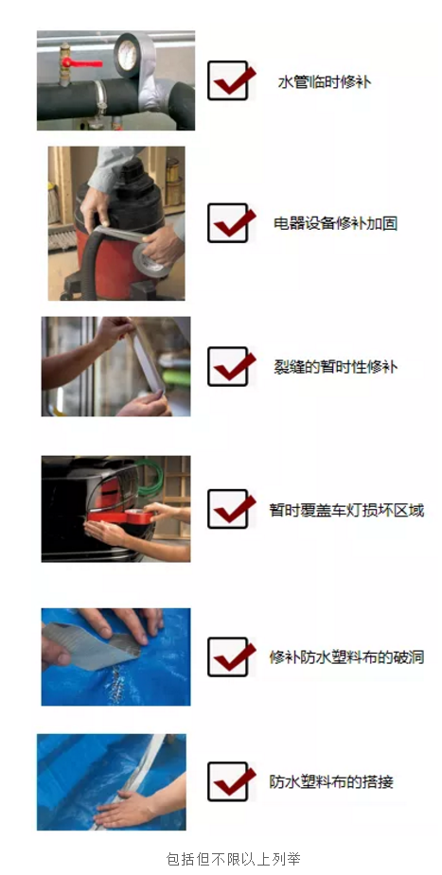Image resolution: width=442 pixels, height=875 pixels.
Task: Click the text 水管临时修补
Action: pos(324,82)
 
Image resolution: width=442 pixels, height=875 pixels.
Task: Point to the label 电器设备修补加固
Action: pos(335,224)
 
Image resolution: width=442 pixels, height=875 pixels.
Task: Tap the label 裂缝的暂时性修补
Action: pos(335,366)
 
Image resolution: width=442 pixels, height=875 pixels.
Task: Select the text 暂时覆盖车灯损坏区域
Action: pos(346,510)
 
